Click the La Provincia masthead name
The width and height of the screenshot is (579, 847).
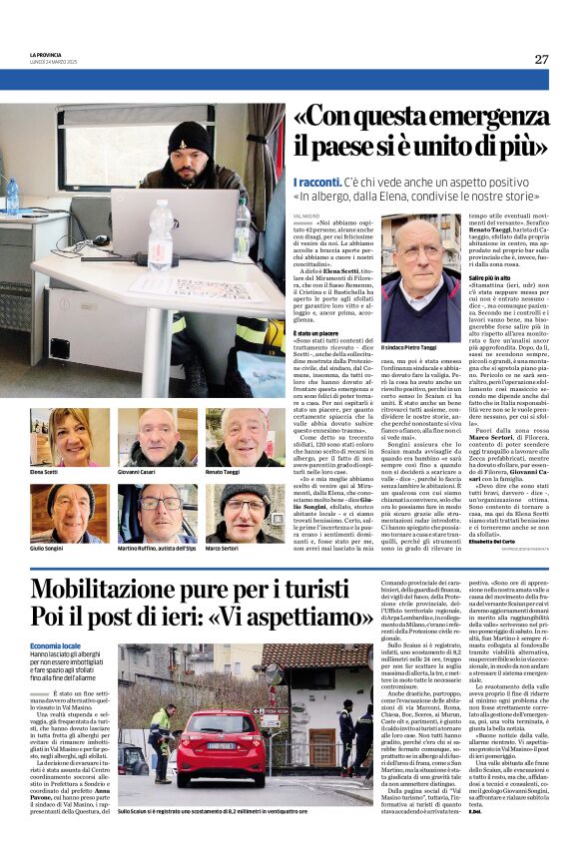[x=45, y=56]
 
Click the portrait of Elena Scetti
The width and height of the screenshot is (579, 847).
[x=56, y=437]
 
